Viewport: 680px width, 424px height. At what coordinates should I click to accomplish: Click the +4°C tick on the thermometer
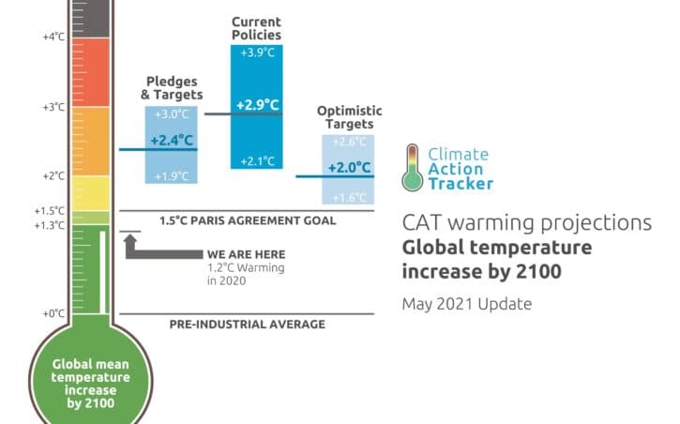53,37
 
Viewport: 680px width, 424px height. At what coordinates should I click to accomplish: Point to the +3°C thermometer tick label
53,107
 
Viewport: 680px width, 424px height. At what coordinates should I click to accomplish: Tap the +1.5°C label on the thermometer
51,210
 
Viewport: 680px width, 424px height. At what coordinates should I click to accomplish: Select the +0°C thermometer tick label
53,313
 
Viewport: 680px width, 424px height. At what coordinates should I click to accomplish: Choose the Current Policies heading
255,27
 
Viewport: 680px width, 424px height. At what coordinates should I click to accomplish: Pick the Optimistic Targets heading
347,117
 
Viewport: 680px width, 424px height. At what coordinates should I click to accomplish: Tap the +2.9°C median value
255,105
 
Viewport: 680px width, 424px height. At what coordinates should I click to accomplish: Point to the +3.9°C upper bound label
255,52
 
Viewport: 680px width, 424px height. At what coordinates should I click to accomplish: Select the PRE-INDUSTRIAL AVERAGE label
248,325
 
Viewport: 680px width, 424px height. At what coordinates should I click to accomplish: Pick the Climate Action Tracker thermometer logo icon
412,167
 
